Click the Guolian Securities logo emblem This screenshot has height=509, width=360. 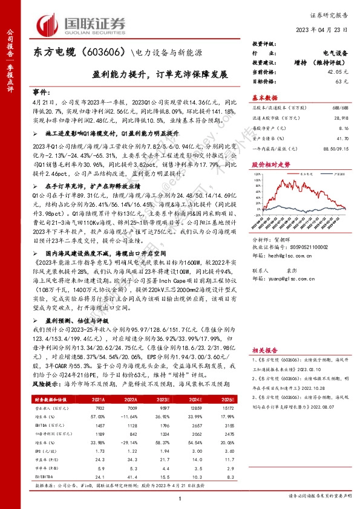click(x=48, y=24)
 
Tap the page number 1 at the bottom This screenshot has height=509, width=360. click(x=180, y=497)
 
